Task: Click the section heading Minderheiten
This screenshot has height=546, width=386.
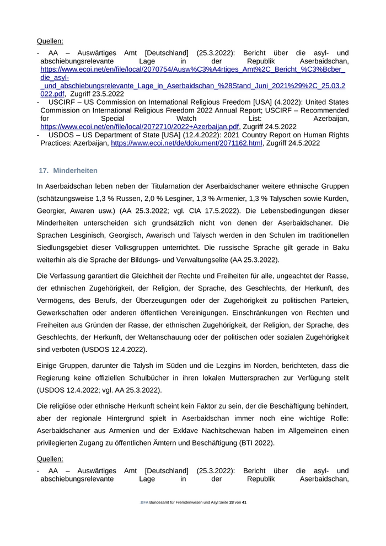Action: coord(76,171)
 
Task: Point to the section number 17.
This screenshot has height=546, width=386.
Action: coord(44,171)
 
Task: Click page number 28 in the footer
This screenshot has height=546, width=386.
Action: coord(232,503)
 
